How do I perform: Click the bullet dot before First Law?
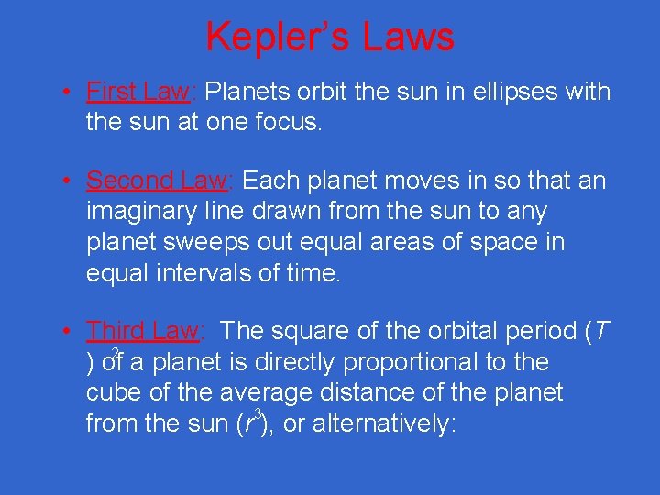point(68,93)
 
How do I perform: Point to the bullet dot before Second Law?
point(68,181)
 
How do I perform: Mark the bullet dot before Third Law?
point(68,331)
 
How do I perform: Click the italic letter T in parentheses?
point(601,330)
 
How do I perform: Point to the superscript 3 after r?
point(259,414)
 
